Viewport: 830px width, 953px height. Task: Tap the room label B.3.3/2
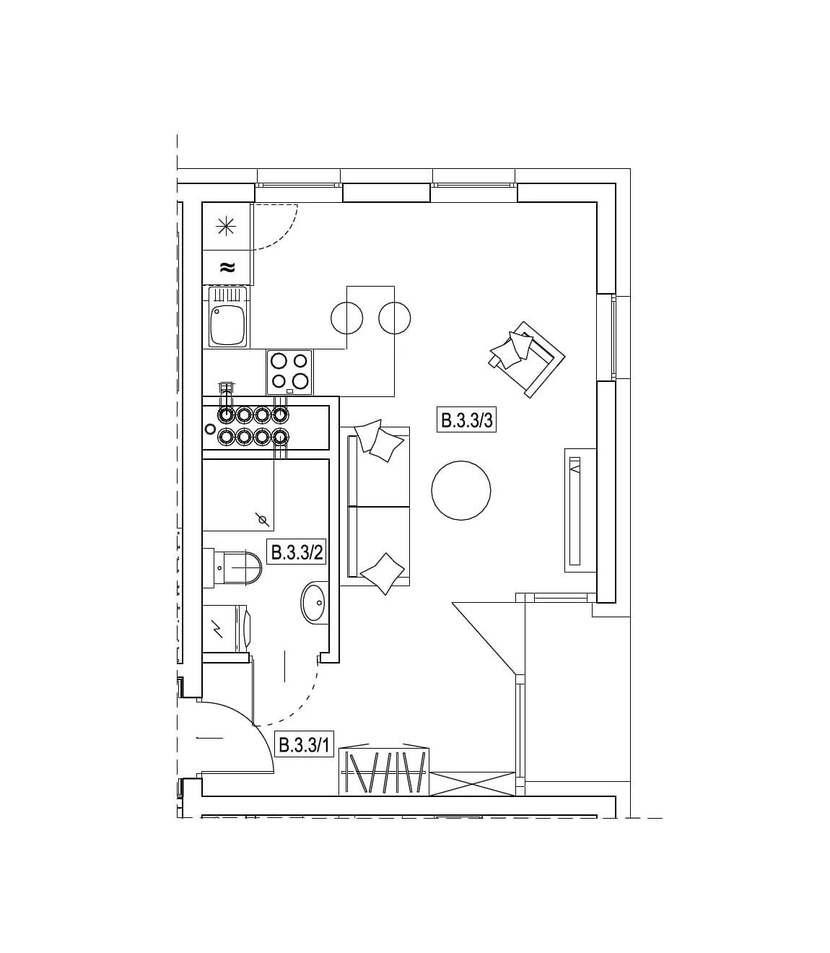coord(297,552)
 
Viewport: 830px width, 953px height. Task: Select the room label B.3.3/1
coord(304,745)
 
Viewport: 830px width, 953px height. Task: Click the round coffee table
coord(461,490)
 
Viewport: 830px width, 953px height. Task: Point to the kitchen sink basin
coord(227,324)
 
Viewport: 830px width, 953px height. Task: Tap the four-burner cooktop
coord(289,372)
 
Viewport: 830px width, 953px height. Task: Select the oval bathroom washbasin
coord(315,602)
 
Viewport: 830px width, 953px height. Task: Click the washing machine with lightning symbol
coord(227,628)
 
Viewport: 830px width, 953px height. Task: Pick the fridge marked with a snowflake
coord(227,227)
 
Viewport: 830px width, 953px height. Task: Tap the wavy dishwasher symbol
coord(227,267)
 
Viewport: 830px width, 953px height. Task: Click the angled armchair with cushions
coord(528,359)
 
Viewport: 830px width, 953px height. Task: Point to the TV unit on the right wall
coord(580,510)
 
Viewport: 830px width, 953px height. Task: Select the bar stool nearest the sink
coord(347,318)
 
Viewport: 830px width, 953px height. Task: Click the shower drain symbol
coord(262,520)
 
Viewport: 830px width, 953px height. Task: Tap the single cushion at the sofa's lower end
coord(383,573)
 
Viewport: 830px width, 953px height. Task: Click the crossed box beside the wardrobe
coord(473,784)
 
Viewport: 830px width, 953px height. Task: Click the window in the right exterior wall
coord(613,337)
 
